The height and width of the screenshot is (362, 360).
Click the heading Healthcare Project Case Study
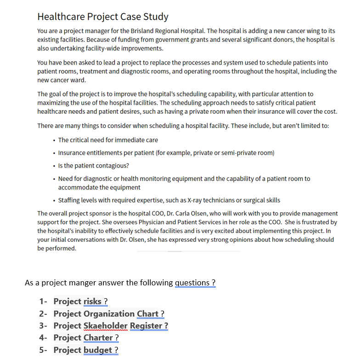(x=103, y=17)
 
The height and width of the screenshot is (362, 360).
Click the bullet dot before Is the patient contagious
(x=54, y=166)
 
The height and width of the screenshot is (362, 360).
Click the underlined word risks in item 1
(x=92, y=301)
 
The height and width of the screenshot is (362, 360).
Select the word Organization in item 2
(x=109, y=314)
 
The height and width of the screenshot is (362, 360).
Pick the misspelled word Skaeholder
(x=106, y=326)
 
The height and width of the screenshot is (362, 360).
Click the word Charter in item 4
(x=98, y=338)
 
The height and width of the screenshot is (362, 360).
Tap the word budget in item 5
(x=97, y=350)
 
